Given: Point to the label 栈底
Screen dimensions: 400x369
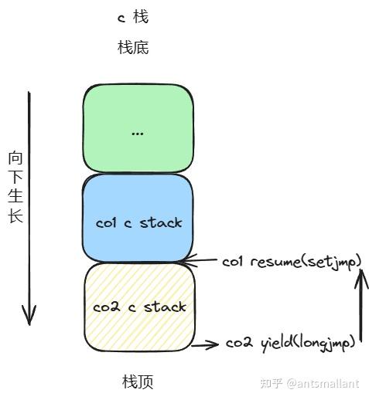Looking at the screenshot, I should pyautogui.click(x=133, y=48).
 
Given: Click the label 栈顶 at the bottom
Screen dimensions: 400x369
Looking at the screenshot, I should pyautogui.click(x=138, y=382).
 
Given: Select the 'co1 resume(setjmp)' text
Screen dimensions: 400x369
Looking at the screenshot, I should pyautogui.click(x=292, y=262).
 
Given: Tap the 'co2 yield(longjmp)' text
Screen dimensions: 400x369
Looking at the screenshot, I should pyautogui.click(x=291, y=342).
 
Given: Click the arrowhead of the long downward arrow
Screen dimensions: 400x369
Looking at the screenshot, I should pyautogui.click(x=29, y=317).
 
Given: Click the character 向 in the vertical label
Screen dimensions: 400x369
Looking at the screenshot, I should pyautogui.click(x=15, y=158).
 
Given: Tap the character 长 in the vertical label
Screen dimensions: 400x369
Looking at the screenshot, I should pyautogui.click(x=15, y=215).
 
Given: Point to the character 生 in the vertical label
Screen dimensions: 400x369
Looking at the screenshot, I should pyautogui.click(x=15, y=196).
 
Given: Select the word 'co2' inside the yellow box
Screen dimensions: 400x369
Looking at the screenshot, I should pyautogui.click(x=106, y=307).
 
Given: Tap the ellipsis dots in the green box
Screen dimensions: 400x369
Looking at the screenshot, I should pyautogui.click(x=138, y=133).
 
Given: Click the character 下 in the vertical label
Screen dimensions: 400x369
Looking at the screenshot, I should pyautogui.click(x=15, y=177).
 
